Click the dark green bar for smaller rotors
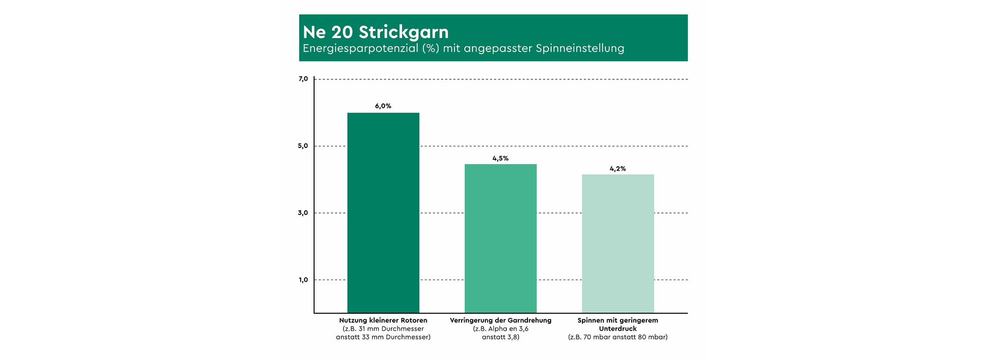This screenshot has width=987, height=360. coord(383,212)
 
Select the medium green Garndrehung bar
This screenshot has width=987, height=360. coord(500,238)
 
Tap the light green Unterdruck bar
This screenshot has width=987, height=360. coord(617,243)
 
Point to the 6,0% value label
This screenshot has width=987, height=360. coord(383,106)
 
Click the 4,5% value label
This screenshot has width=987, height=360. coord(500,158)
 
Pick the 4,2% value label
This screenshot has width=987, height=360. coord(617,169)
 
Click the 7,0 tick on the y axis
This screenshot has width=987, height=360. coord(303,79)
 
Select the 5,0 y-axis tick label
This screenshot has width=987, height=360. coord(303,146)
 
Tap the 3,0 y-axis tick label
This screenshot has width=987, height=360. coord(303,213)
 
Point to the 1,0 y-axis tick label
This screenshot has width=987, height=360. coord(303,280)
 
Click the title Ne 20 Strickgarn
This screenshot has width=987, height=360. coord(376,32)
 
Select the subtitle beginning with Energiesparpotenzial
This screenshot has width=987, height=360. coord(463,48)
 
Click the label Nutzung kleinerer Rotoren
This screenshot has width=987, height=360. coord(383,320)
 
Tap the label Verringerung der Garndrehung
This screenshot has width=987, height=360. coord(500,320)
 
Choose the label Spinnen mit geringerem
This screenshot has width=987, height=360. coord(617,320)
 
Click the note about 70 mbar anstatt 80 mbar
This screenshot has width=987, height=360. coord(617,337)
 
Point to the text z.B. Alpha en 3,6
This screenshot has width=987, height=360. coord(500,329)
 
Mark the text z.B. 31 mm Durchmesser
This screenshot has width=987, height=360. coord(383,329)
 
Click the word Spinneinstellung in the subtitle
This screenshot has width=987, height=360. coord(580,48)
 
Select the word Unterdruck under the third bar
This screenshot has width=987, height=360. coord(617,329)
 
